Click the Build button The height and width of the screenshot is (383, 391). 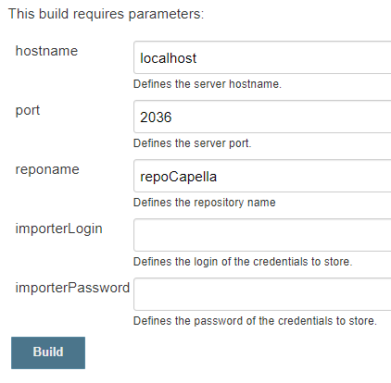(48, 352)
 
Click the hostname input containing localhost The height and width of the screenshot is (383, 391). (262, 57)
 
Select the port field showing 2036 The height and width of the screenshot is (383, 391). (262, 117)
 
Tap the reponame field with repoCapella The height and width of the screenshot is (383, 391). (262, 176)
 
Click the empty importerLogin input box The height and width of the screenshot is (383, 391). (262, 235)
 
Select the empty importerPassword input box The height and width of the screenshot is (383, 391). (262, 294)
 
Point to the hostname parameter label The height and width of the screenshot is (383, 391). (46, 51)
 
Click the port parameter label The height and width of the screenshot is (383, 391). (28, 111)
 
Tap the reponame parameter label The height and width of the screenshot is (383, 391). (47, 170)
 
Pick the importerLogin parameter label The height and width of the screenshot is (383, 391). (58, 229)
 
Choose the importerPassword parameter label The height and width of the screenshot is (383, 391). (72, 288)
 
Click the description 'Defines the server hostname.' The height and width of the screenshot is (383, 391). (208, 84)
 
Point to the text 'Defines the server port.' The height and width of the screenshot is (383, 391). (192, 143)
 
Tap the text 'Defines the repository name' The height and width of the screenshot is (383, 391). (205, 203)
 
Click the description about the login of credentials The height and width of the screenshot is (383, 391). (243, 262)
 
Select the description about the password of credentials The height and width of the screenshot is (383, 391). (255, 321)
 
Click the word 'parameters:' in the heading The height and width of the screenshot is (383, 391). (166, 15)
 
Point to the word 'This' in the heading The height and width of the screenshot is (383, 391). (21, 14)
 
